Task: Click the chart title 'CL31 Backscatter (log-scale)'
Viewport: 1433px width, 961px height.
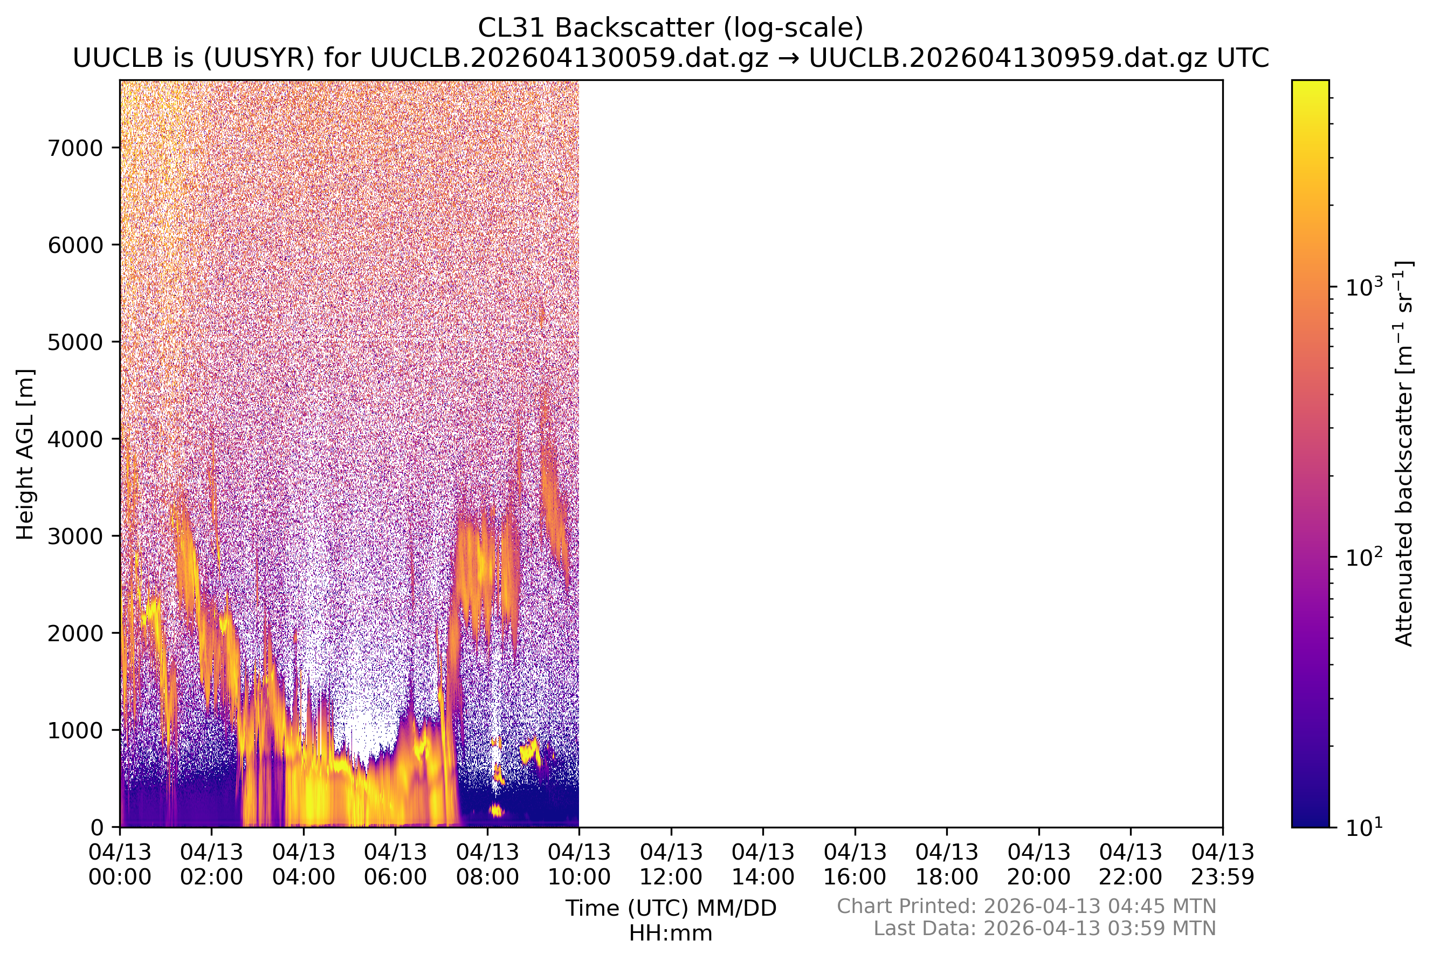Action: pos(670,28)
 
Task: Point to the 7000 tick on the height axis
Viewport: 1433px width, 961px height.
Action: pos(116,148)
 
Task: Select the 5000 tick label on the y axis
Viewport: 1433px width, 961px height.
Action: pos(75,342)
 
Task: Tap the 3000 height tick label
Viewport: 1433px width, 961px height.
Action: pos(75,536)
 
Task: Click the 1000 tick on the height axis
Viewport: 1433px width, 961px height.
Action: pos(116,730)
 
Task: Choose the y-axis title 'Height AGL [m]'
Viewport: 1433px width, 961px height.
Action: pos(25,454)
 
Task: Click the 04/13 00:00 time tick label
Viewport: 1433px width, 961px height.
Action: pos(120,864)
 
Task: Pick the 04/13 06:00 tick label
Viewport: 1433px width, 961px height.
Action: pos(396,864)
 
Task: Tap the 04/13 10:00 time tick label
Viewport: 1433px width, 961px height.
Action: pos(580,864)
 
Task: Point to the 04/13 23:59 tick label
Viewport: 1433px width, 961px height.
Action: pos(1223,864)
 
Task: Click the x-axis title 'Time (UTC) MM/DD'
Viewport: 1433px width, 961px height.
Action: pos(671,908)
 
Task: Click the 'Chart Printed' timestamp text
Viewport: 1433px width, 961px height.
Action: pos(1027,906)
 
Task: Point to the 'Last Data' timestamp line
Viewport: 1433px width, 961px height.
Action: pos(1045,929)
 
